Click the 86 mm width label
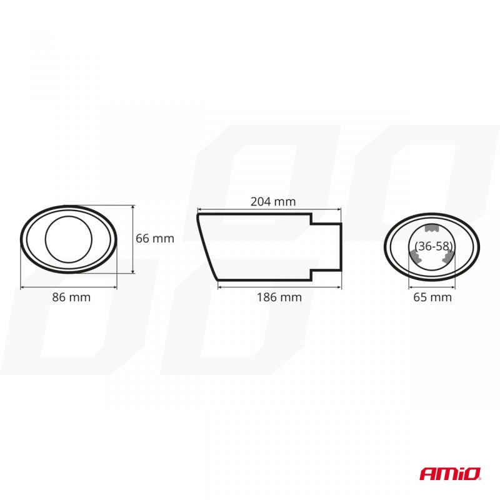71,297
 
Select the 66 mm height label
155,239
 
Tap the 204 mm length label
273,201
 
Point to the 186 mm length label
279,297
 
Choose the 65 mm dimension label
432,297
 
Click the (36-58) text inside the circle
434,246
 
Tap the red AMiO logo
450,474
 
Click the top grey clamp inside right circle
432,227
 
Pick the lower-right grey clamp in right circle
448,256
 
